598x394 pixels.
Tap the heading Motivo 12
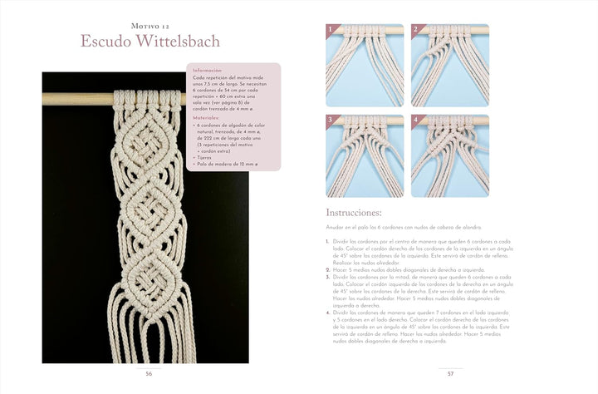pos(149,20)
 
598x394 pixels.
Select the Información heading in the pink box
pos(208,71)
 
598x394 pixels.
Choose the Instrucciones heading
pos(354,213)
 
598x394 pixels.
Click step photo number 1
pos(365,66)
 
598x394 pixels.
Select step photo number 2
pos(449,66)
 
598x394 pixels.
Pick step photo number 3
pos(365,155)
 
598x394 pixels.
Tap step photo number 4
pos(449,155)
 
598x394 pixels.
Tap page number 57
pos(449,373)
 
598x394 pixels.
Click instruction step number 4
pos(328,313)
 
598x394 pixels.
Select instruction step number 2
pos(328,269)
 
